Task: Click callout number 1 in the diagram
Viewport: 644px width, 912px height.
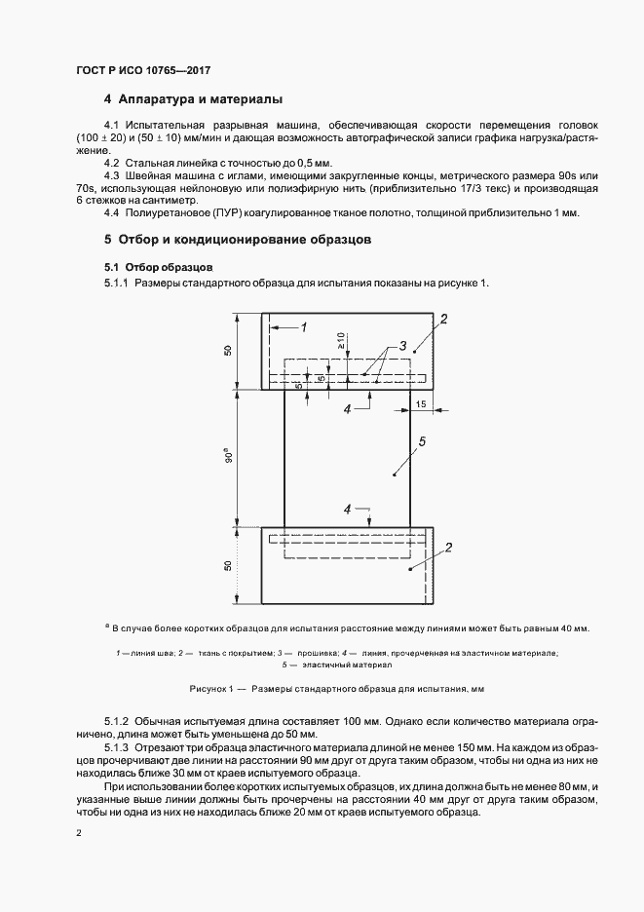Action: (x=304, y=327)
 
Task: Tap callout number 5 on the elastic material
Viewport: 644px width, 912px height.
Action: (x=421, y=443)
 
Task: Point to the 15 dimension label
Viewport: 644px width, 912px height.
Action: (x=421, y=402)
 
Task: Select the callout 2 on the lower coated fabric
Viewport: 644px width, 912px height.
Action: (x=448, y=548)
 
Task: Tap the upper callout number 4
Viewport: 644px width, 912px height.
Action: (x=347, y=410)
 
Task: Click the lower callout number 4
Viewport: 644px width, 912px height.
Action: (x=347, y=510)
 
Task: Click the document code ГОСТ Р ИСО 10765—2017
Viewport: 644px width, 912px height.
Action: (x=143, y=71)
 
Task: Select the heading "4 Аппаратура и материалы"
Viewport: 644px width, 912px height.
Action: (x=193, y=99)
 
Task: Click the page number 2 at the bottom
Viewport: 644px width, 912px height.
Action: (x=78, y=834)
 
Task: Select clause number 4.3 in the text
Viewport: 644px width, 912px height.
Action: (x=112, y=174)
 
